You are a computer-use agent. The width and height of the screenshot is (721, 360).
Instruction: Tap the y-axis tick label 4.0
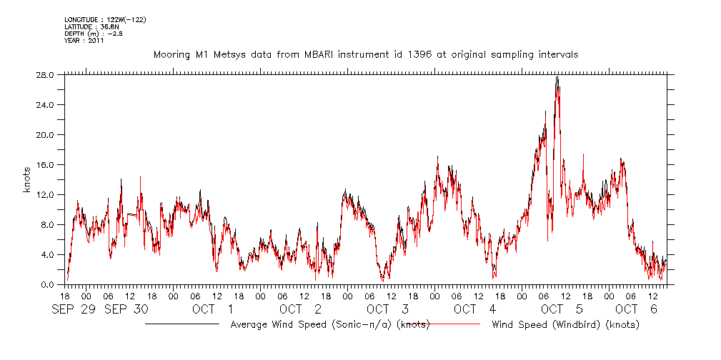click(49, 255)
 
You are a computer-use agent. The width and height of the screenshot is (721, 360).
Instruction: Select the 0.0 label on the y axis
click(49, 285)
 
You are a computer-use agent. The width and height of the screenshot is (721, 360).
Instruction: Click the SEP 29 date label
click(72, 309)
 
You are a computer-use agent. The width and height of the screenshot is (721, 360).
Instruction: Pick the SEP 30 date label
click(127, 309)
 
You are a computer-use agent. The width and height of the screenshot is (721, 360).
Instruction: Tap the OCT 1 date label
click(212, 309)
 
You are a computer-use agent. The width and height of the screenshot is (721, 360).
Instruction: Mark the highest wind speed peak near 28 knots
click(557, 77)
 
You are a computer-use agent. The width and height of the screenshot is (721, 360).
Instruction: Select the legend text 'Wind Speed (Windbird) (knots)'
click(565, 325)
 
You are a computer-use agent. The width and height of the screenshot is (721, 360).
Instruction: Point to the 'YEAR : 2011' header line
click(84, 41)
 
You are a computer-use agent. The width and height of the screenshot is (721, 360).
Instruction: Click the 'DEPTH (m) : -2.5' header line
click(94, 34)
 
